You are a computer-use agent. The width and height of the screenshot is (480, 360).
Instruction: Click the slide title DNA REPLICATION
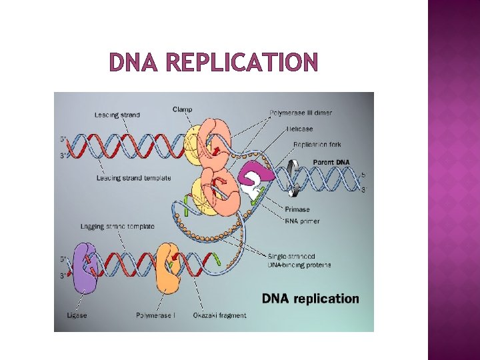coord(213,63)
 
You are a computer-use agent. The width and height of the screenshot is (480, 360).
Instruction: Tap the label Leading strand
coord(117,115)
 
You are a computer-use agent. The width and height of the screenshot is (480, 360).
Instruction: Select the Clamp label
coord(183,109)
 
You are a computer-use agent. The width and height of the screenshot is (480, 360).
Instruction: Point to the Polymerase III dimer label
coord(301,113)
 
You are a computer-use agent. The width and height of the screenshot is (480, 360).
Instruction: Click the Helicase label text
coord(299,129)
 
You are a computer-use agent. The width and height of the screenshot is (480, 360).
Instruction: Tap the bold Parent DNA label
coord(331,162)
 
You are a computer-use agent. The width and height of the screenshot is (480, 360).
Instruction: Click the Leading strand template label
coord(133,178)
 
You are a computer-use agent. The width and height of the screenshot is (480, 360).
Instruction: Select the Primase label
coord(297,209)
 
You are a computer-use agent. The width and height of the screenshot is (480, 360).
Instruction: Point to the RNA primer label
coord(302,221)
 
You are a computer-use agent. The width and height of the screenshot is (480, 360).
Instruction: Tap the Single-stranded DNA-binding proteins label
coord(299,261)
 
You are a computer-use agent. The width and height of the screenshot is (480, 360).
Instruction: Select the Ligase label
coord(77,315)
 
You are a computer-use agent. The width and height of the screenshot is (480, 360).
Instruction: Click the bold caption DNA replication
coord(310,299)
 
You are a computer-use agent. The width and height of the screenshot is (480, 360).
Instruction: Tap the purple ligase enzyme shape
coord(84,268)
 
